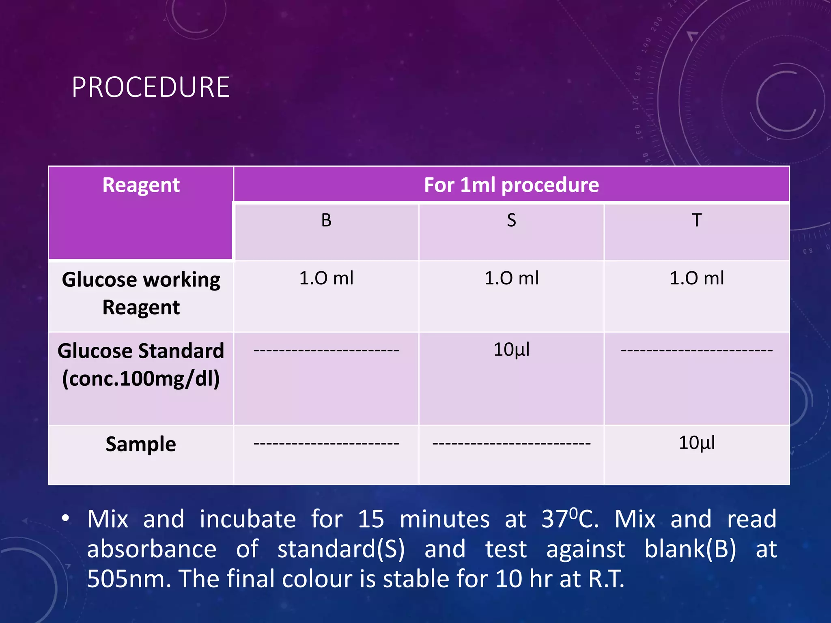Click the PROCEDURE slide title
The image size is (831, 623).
[151, 87]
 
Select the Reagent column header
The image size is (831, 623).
[141, 185]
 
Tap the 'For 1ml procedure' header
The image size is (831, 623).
[511, 185]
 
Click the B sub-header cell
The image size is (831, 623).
[326, 221]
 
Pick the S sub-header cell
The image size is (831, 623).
[511, 221]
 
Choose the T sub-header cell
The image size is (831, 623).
[696, 221]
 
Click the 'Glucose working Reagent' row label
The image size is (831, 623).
[141, 293]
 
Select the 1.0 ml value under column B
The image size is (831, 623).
[326, 278]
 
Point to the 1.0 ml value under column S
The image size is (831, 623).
[511, 278]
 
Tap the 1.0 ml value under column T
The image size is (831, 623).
[696, 278]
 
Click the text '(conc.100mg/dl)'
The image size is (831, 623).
[141, 379]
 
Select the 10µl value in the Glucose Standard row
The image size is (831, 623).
[511, 350]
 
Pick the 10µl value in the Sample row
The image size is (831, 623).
[696, 443]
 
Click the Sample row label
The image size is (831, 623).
[141, 444]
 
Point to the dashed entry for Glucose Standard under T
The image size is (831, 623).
[696, 350]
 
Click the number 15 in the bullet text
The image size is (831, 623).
[370, 519]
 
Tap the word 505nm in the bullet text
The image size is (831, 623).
[129, 579]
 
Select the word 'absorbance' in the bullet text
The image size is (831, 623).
[152, 549]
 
